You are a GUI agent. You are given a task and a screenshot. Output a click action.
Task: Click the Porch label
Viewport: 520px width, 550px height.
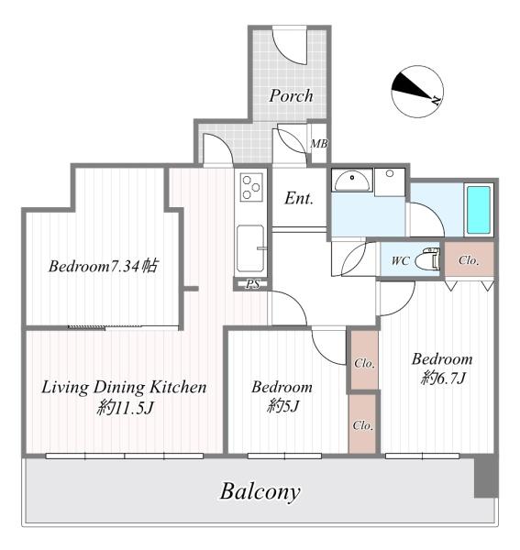(291, 95)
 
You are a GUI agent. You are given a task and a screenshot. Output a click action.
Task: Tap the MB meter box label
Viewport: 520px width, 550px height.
(319, 144)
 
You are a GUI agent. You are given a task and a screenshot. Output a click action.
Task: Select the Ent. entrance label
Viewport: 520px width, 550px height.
(299, 198)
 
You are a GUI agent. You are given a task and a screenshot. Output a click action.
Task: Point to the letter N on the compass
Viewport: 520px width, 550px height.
(437, 100)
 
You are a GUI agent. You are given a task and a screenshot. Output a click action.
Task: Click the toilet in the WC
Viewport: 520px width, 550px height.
(427, 260)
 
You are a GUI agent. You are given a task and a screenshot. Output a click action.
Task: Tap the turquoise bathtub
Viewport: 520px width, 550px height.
(478, 211)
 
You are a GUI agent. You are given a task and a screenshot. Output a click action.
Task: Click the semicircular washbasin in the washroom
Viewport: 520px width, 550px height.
(352, 181)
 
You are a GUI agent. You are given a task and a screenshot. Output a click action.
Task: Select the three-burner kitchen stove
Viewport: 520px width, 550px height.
(251, 187)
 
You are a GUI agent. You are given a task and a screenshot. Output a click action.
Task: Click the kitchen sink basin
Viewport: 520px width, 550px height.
(250, 248)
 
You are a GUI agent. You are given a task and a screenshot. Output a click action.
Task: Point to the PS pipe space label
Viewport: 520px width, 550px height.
(253, 284)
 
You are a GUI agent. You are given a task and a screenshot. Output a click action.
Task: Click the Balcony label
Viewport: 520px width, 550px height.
(260, 491)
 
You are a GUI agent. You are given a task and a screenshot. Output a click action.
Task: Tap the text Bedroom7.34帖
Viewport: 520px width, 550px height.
(103, 266)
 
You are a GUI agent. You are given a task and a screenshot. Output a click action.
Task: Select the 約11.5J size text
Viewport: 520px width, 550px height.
(126, 408)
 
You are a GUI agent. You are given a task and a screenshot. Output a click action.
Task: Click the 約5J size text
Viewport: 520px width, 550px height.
(282, 407)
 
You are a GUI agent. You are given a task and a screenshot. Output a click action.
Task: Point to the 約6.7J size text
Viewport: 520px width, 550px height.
(443, 378)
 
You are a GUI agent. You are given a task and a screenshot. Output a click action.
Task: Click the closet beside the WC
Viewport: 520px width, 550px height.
(470, 259)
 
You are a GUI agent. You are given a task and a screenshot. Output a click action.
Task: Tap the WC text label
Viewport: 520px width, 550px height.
(401, 260)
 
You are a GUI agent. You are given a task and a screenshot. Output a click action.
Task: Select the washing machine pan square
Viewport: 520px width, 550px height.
(390, 182)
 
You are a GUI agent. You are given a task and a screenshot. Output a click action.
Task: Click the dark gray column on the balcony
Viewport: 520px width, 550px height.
(486, 477)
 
